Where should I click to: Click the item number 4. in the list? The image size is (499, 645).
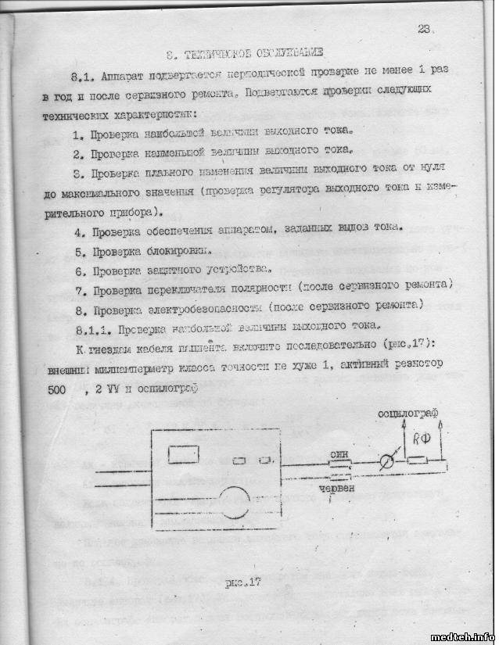(78, 231)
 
